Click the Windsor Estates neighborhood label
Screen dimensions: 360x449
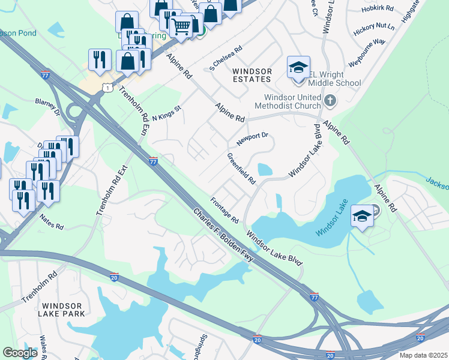[252, 76]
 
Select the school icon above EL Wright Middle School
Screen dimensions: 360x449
[298, 67]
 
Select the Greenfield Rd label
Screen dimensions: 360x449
[241, 169]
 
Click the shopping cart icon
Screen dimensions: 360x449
[181, 26]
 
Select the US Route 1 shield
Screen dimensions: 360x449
[106, 88]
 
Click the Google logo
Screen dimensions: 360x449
[20, 353]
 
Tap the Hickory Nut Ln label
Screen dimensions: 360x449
[374, 27]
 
